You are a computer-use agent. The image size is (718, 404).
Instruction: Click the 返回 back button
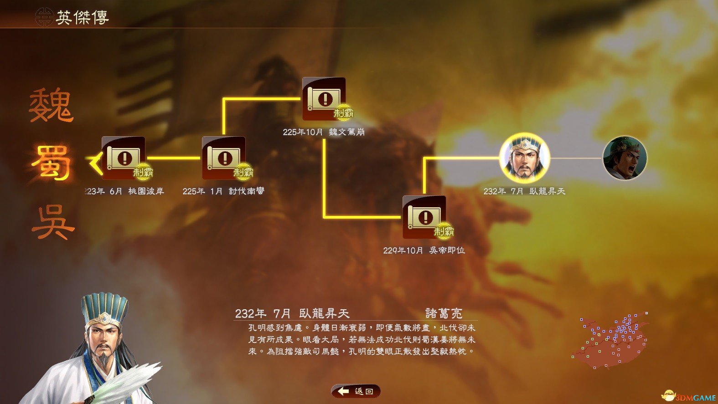pos(356,391)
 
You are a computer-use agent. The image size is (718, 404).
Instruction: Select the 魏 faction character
pos(51,105)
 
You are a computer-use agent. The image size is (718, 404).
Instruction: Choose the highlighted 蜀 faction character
pos(51,163)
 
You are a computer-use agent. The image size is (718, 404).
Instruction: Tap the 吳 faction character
pos(53,222)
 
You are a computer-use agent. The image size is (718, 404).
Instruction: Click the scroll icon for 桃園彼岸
pos(124,158)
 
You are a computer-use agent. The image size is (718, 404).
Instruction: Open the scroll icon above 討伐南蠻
pos(224,158)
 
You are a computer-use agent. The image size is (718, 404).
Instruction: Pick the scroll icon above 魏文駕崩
pos(324,98)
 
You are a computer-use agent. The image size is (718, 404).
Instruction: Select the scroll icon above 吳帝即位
pos(424,217)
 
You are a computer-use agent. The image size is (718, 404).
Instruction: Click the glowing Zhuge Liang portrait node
pos(525,158)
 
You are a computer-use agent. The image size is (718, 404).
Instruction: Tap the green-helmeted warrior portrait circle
pos(625,158)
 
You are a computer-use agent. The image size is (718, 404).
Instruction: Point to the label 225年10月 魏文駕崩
pos(324,132)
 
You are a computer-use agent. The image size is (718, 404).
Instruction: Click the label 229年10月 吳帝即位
pos(424,251)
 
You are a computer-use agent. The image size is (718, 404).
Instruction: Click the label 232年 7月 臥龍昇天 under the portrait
pos(524,191)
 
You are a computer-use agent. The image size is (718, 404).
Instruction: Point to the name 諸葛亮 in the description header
pos(444,313)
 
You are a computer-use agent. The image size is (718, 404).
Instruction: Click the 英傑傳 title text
pos(83,17)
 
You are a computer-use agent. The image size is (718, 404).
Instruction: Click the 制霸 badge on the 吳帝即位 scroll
pos(444,231)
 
